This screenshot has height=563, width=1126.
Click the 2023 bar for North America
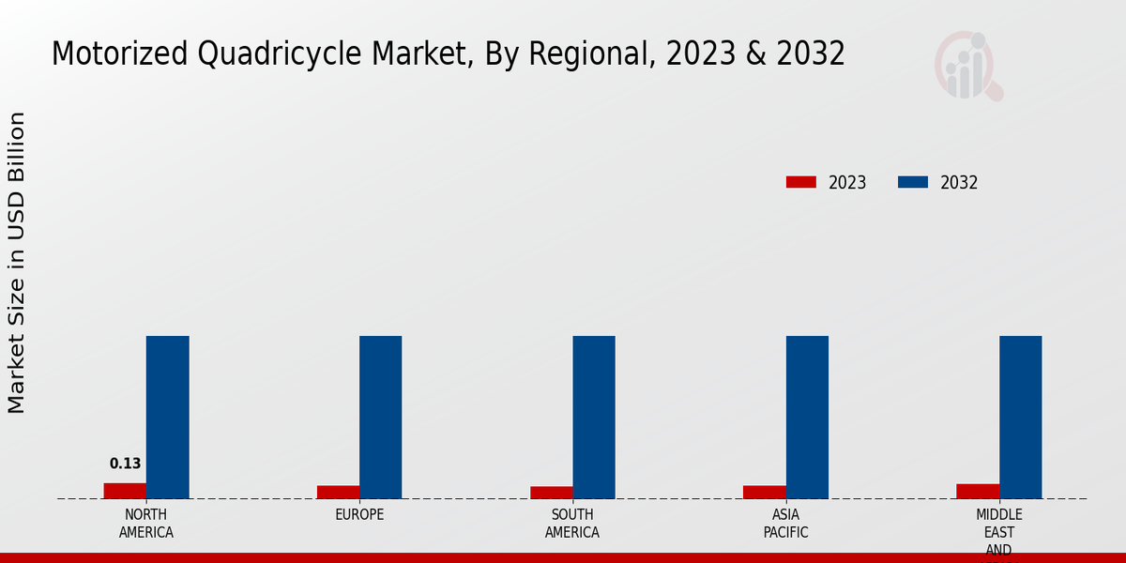point(125,491)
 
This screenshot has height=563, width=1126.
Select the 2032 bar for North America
point(168,418)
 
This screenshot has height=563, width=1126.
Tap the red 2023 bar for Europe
point(338,492)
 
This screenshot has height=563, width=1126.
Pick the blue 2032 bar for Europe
point(381,418)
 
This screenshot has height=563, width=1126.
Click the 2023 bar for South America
point(551,493)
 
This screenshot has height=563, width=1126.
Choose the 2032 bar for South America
point(594,418)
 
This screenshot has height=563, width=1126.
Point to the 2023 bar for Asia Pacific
point(764,492)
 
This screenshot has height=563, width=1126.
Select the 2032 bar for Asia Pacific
point(807,418)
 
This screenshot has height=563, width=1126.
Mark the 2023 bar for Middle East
point(978,491)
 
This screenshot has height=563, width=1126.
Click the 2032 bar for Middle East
point(1021,418)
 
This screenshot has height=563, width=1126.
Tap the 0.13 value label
point(125,464)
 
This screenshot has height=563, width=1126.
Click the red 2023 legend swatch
point(801,182)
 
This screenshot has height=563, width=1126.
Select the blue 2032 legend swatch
point(913,182)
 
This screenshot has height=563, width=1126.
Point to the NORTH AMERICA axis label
point(146,524)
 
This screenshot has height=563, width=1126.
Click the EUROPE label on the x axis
point(359,515)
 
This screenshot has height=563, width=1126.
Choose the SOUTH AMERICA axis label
point(572,524)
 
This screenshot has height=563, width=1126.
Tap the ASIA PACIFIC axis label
point(785,524)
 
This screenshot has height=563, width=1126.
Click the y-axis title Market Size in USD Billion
point(17,263)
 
